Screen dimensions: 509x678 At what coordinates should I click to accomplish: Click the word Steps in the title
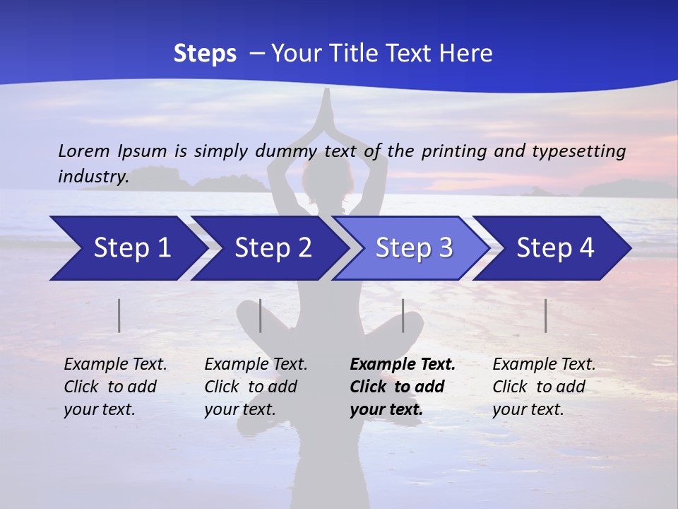(205, 54)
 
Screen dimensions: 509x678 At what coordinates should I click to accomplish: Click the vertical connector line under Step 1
(119, 315)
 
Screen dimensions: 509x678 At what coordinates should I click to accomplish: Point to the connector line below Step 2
(261, 315)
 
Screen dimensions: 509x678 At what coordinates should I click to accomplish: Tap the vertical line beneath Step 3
(403, 315)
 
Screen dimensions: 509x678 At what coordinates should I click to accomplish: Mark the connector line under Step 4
(545, 315)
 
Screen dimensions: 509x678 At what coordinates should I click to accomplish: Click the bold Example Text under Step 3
(403, 387)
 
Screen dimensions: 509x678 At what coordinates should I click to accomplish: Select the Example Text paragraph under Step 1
(115, 387)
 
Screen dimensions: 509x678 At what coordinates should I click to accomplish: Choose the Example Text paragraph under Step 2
(256, 387)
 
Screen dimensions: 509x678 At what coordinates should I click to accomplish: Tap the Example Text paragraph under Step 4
(544, 387)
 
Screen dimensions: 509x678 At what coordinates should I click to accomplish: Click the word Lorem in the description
(84, 151)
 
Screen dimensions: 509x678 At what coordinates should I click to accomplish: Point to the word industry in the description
(93, 177)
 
